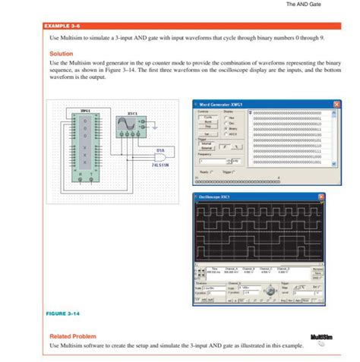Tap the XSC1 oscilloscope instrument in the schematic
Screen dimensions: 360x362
tap(133, 126)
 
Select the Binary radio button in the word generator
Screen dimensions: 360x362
tap(228, 129)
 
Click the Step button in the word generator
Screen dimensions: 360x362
tap(207, 127)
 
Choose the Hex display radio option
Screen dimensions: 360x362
tap(228, 118)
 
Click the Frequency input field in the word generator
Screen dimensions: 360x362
tap(213, 162)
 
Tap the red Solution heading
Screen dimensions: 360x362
tap(61, 54)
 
